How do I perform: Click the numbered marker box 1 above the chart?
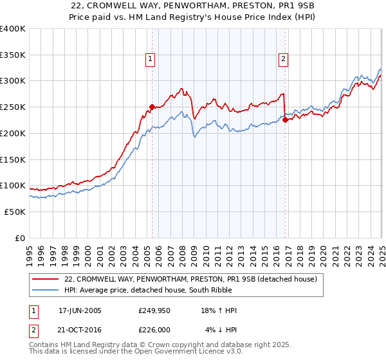pyautogui.click(x=150, y=59)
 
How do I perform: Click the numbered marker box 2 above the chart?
pyautogui.click(x=283, y=59)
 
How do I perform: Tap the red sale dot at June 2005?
pyautogui.click(x=152, y=107)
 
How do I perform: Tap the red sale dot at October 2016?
pyautogui.click(x=285, y=119)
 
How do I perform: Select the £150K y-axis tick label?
pyautogui.click(x=12, y=159)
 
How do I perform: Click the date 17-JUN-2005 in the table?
pyautogui.click(x=80, y=310)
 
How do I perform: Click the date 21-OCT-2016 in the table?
pyautogui.click(x=80, y=330)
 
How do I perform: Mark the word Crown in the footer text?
pyautogui.click(x=169, y=345)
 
